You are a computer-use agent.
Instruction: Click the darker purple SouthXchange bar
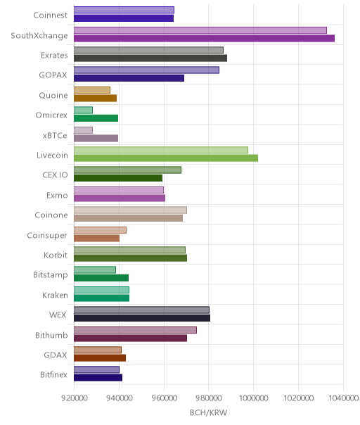204,38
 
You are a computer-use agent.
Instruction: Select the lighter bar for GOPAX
146,70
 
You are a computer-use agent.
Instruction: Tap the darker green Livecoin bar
166,158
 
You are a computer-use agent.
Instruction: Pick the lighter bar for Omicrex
83,110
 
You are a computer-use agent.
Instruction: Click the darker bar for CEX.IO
118,178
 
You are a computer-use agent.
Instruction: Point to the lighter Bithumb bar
135,330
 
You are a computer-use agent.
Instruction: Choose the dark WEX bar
142,318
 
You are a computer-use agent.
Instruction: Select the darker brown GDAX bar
100,357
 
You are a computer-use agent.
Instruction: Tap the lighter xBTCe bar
83,130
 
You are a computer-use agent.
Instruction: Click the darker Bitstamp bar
101,278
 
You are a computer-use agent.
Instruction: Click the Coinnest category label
50,15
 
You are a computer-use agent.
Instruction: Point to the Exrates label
54,56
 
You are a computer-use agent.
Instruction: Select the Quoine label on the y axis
53,96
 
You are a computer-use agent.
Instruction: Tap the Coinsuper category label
47,235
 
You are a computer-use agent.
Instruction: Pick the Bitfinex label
53,374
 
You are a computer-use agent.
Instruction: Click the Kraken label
55,295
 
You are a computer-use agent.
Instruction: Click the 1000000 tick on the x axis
254,398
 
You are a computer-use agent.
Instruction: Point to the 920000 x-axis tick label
75,398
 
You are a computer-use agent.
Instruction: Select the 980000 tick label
209,398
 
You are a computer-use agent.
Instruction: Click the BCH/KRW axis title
208,412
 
